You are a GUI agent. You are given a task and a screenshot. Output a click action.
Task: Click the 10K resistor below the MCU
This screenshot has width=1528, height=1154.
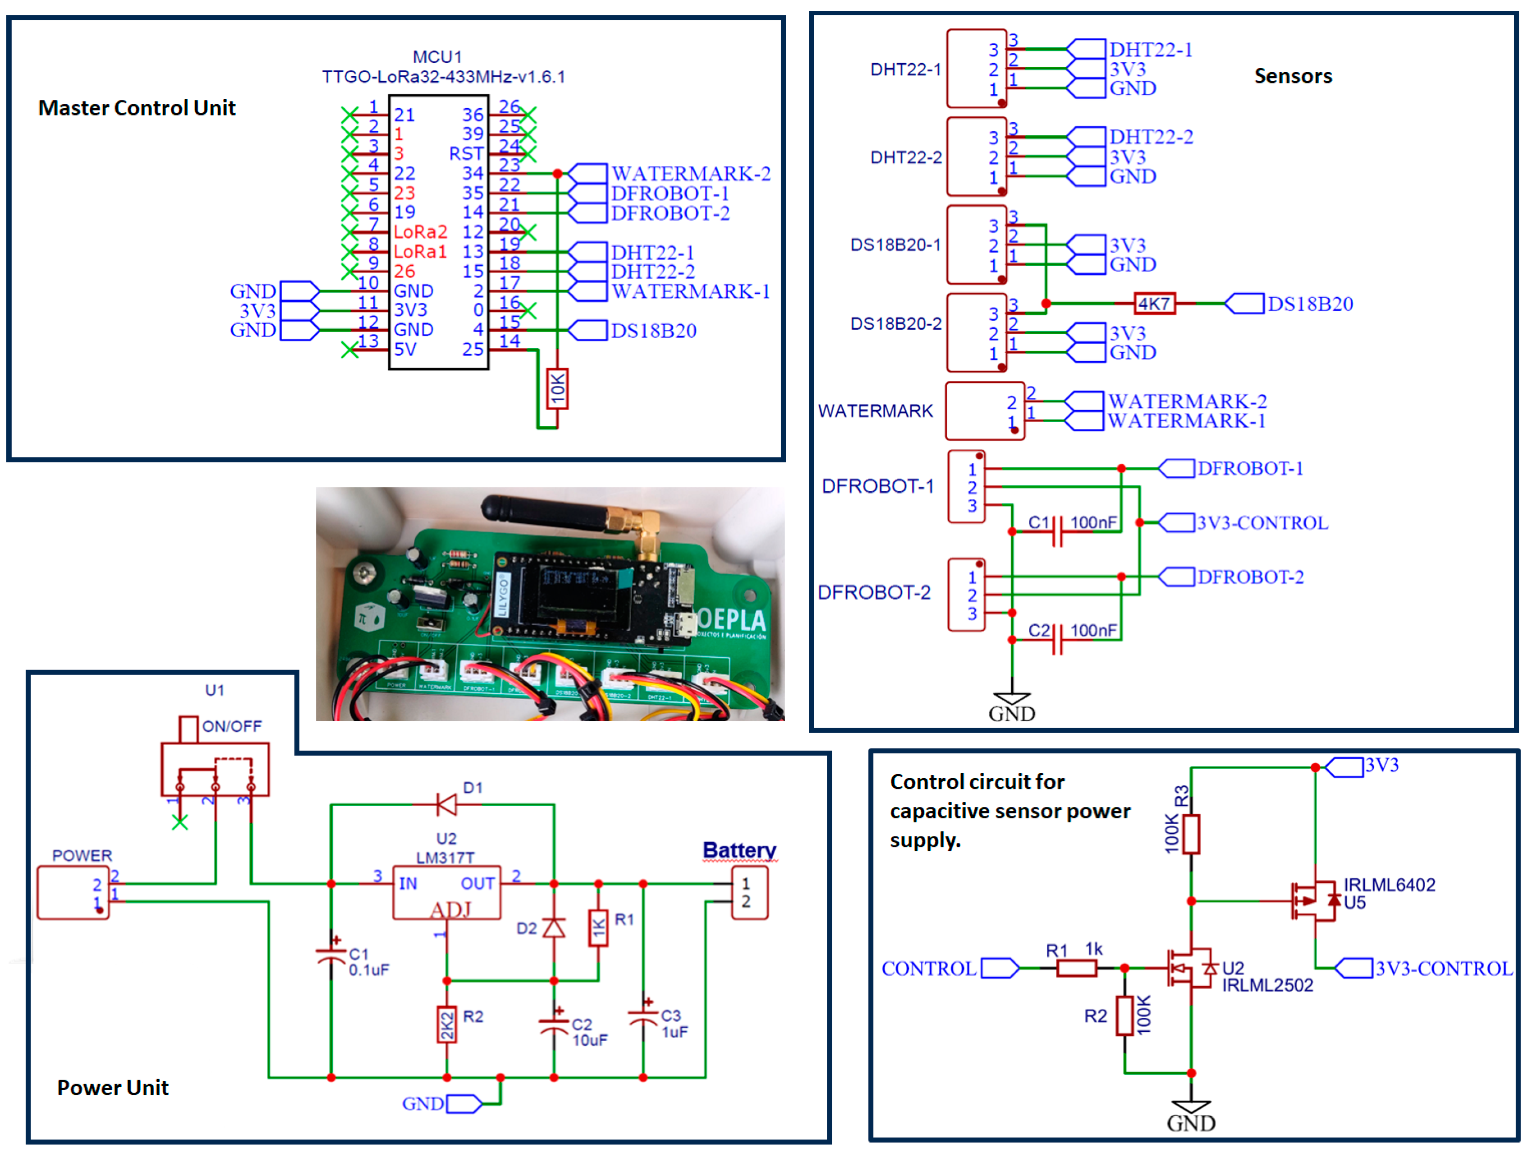click(557, 389)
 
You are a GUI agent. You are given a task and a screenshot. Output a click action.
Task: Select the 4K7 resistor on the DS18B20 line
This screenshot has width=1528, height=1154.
click(1154, 303)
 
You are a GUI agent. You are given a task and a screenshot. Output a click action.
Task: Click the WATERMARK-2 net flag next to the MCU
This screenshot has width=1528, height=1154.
click(587, 173)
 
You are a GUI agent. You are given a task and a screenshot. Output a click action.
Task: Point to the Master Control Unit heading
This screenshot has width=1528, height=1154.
click(137, 108)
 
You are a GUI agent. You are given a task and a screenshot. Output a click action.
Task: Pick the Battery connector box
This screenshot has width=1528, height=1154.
click(749, 893)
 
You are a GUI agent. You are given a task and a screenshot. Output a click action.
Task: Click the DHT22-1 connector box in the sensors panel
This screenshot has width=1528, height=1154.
click(976, 69)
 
